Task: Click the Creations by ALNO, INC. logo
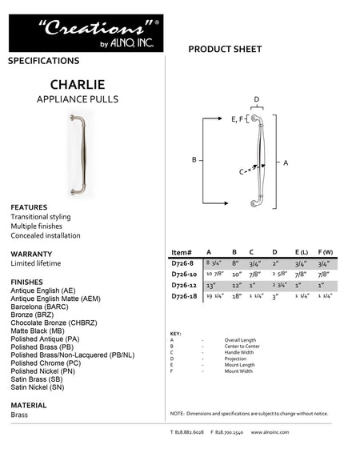pyautogui.click(x=86, y=33)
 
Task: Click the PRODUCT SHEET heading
pyautogui.click(x=225, y=50)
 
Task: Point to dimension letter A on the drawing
pyautogui.click(x=286, y=162)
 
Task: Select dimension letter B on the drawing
pyautogui.click(x=194, y=160)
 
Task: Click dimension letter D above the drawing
pyautogui.click(x=256, y=99)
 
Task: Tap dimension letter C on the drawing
pyautogui.click(x=241, y=171)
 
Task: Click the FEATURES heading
pyautogui.click(x=29, y=207)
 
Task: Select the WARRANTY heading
pyautogui.click(x=31, y=254)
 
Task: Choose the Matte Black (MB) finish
pyautogui.click(x=38, y=329)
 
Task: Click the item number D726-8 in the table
pyautogui.click(x=182, y=262)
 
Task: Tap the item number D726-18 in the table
pyautogui.click(x=184, y=296)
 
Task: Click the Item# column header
pyautogui.click(x=182, y=251)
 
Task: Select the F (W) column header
pyautogui.click(x=325, y=251)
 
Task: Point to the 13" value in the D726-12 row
pyautogui.click(x=212, y=285)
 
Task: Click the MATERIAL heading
pyautogui.click(x=29, y=405)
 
